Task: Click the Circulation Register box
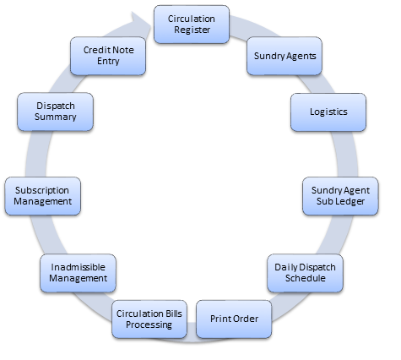point(192,25)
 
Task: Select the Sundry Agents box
point(284,56)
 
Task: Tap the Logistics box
point(328,112)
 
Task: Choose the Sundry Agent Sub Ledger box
point(340,196)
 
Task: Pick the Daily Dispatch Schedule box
point(305,273)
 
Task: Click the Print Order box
point(234,319)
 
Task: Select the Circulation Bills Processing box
point(149,319)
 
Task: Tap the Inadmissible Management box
point(78,273)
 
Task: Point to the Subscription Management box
point(43,196)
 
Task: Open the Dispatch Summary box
point(55,112)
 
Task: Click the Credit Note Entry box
point(108,56)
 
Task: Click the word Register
point(192,30)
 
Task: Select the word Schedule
point(306,278)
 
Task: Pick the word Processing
point(149,325)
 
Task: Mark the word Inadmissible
point(78,267)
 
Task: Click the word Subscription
point(42,190)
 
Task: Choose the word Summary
point(56,117)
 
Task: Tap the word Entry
point(108,62)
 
